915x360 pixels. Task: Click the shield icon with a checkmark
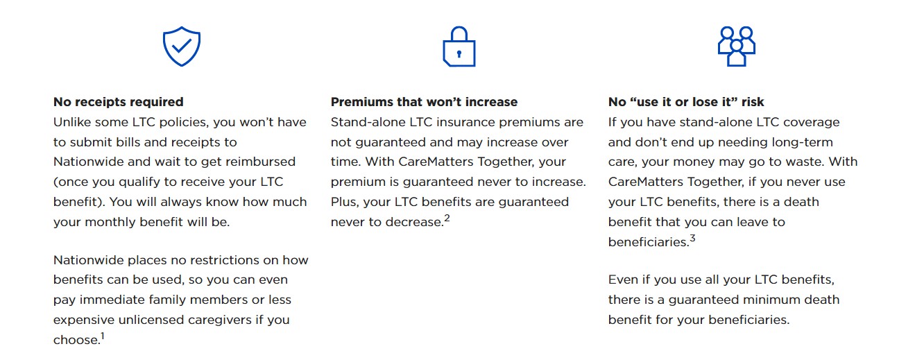181,46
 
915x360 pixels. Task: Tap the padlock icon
459,46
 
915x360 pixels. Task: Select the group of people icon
737,46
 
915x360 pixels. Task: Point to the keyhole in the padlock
459,54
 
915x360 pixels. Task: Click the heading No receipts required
119,102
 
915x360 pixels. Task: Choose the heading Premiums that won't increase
424,102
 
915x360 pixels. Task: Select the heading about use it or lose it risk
686,102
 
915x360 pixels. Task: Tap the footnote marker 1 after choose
103,336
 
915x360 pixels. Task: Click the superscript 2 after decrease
447,218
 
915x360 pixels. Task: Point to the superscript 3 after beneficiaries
692,238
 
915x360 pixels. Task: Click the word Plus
345,203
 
